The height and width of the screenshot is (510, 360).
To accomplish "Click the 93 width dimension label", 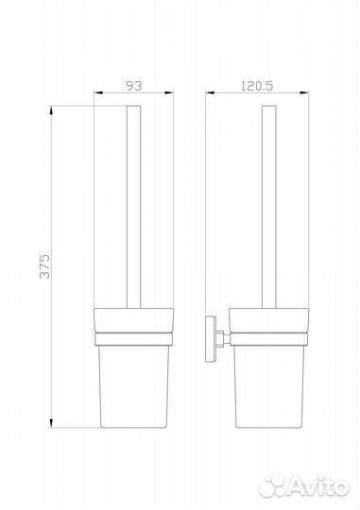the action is (x=134, y=86).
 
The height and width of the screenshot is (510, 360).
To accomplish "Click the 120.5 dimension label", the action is (x=257, y=86).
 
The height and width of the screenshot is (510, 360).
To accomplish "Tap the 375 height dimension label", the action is (x=45, y=266).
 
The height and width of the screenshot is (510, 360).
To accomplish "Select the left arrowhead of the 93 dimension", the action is (x=98, y=93).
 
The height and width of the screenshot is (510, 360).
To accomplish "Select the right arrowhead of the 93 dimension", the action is (x=169, y=93).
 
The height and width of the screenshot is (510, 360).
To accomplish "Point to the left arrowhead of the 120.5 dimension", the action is (x=210, y=93).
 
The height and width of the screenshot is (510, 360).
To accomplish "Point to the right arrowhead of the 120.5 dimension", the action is (x=304, y=93).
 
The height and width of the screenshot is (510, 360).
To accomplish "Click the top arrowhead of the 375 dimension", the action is (x=51, y=110).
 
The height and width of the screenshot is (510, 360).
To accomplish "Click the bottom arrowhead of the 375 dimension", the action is (x=51, y=423).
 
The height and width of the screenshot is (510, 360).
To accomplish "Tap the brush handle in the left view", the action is (x=134, y=207).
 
